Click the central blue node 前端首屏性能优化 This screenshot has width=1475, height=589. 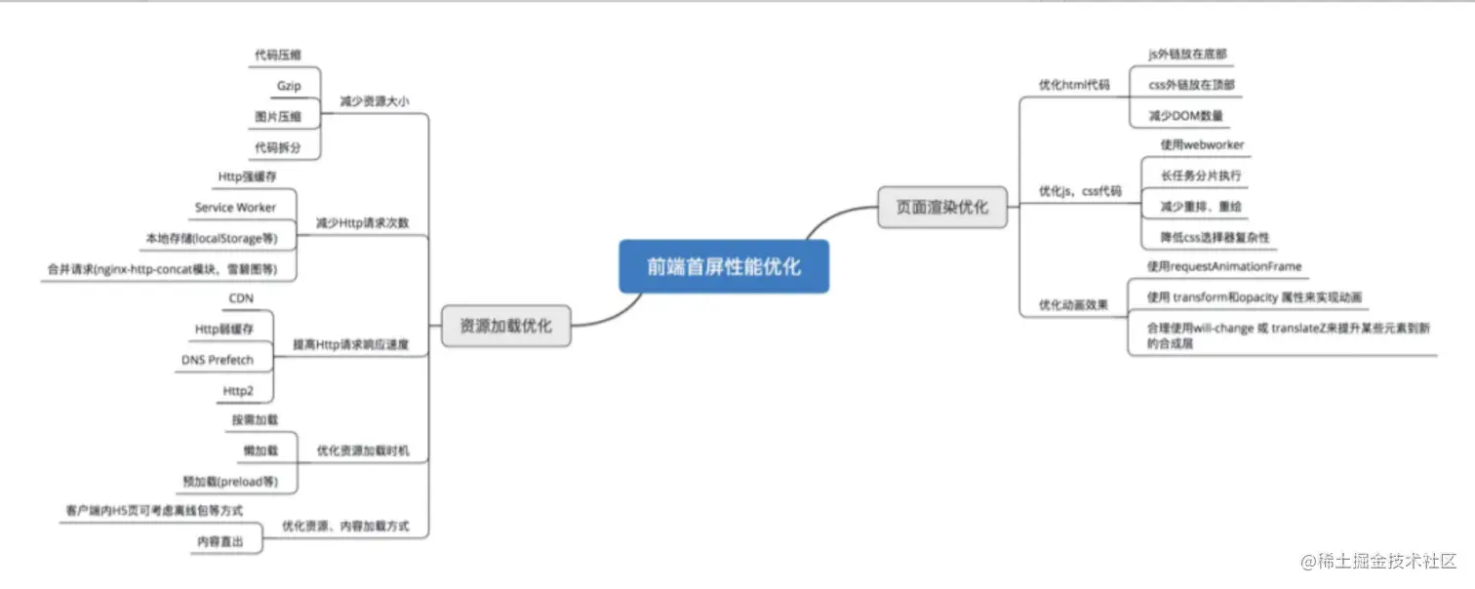click(724, 265)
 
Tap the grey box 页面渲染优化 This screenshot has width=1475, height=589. click(941, 207)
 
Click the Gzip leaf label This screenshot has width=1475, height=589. click(289, 86)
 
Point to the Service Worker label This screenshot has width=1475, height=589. click(235, 207)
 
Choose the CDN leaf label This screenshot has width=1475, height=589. click(241, 297)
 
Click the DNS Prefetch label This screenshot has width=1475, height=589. click(217, 360)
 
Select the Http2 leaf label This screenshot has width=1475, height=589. click(238, 391)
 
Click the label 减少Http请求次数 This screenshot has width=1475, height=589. click(362, 222)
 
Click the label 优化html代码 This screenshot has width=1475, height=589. click(1074, 85)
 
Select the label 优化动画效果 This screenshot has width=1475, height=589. click(1073, 304)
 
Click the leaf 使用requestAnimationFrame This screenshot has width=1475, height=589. click(1223, 266)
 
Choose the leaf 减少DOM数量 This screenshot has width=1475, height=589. click(1185, 116)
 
